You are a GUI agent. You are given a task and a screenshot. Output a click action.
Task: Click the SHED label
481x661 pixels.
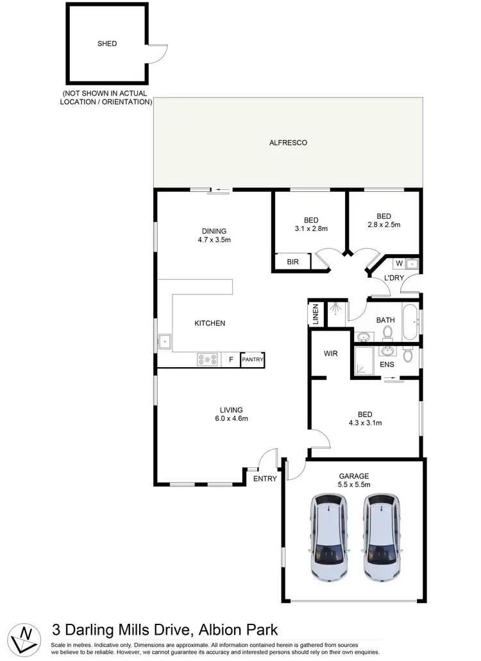click(108, 44)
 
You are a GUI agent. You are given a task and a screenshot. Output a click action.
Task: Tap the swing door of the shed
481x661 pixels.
click(158, 55)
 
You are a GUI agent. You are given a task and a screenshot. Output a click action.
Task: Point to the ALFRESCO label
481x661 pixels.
click(288, 142)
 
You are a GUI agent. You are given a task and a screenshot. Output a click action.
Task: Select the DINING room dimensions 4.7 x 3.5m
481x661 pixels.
click(214, 240)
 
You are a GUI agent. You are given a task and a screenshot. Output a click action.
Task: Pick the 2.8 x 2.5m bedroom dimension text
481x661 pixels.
click(384, 225)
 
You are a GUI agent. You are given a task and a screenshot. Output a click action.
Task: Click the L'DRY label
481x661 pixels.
click(393, 277)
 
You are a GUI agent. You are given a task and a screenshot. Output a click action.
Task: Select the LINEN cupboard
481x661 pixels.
click(315, 314)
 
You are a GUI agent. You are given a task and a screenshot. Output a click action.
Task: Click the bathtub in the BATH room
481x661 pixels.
click(410, 319)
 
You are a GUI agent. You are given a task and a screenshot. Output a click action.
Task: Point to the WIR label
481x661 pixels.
click(330, 354)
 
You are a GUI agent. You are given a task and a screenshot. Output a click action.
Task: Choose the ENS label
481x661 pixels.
click(387, 365)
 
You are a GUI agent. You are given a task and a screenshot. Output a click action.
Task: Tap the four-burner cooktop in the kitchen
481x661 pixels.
click(207, 360)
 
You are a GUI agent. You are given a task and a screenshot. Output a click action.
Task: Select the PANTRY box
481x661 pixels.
click(252, 360)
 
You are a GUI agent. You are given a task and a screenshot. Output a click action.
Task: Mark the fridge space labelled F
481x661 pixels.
click(231, 360)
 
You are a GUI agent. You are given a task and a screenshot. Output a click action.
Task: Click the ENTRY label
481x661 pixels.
click(265, 479)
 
